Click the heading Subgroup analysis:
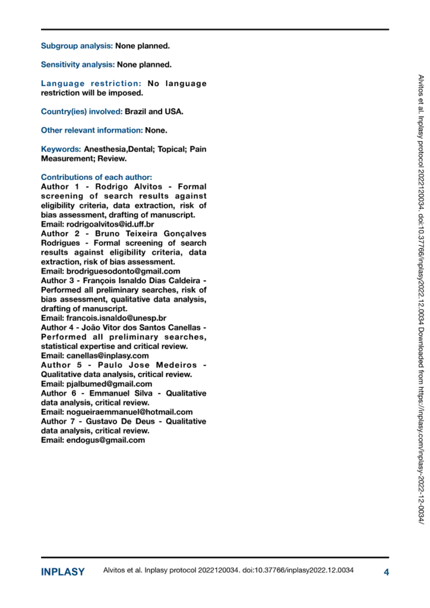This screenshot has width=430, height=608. [x=77, y=46]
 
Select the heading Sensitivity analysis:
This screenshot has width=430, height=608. [x=77, y=64]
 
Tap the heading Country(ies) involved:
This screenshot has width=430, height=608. [x=81, y=111]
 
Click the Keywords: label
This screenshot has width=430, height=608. [x=61, y=148]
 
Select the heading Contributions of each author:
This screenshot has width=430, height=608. [x=96, y=177]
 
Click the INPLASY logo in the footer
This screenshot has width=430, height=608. [x=63, y=572]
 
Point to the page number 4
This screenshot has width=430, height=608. [x=386, y=572]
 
